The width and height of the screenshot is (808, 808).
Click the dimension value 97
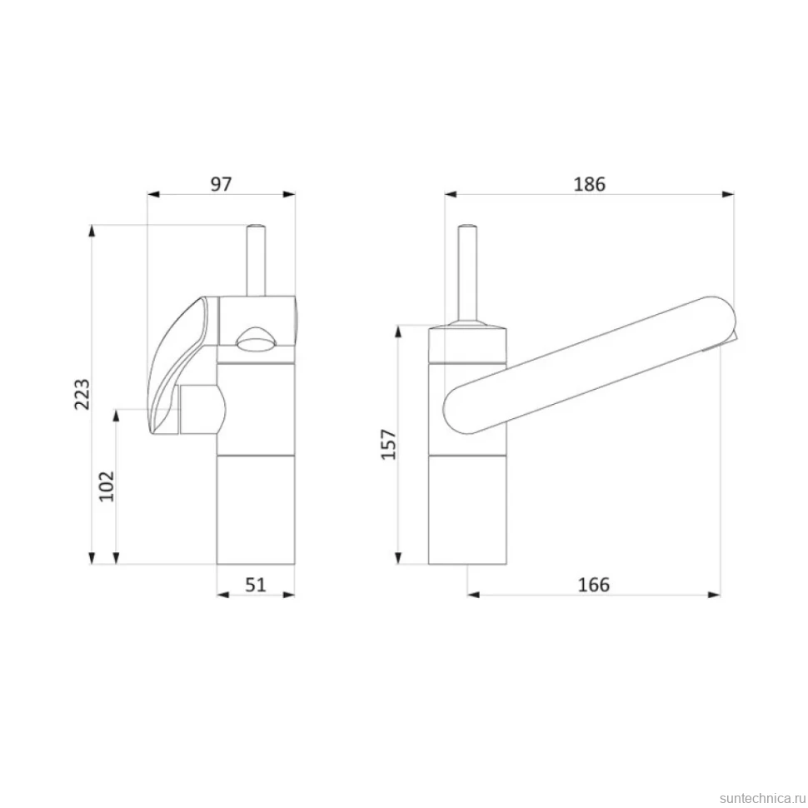tap(221, 184)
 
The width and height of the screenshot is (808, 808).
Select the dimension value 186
tap(590, 184)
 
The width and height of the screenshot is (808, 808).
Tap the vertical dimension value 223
tap(82, 394)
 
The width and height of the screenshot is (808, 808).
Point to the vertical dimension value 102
tap(107, 486)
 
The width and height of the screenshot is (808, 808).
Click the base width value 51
tap(256, 585)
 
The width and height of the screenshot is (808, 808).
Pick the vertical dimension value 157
tap(388, 444)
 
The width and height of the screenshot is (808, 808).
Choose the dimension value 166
tap(594, 585)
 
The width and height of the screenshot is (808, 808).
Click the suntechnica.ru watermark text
tap(762, 799)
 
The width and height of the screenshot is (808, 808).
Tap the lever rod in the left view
tap(256, 260)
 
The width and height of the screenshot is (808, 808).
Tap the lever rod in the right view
tap(467, 273)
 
